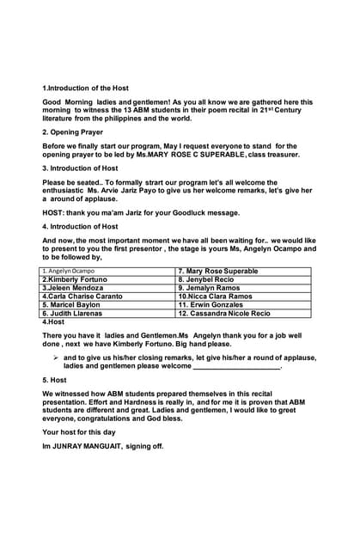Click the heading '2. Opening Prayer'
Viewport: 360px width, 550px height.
(73, 132)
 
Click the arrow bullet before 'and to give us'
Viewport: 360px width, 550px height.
(55, 357)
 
